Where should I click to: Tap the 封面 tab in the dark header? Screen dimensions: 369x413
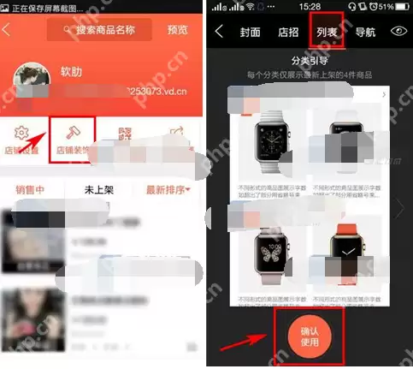pos(251,33)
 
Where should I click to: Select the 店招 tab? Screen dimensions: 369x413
pos(288,33)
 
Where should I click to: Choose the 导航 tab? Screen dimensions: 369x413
pos(365,33)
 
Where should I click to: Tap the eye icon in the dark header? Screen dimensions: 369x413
pos(398,33)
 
